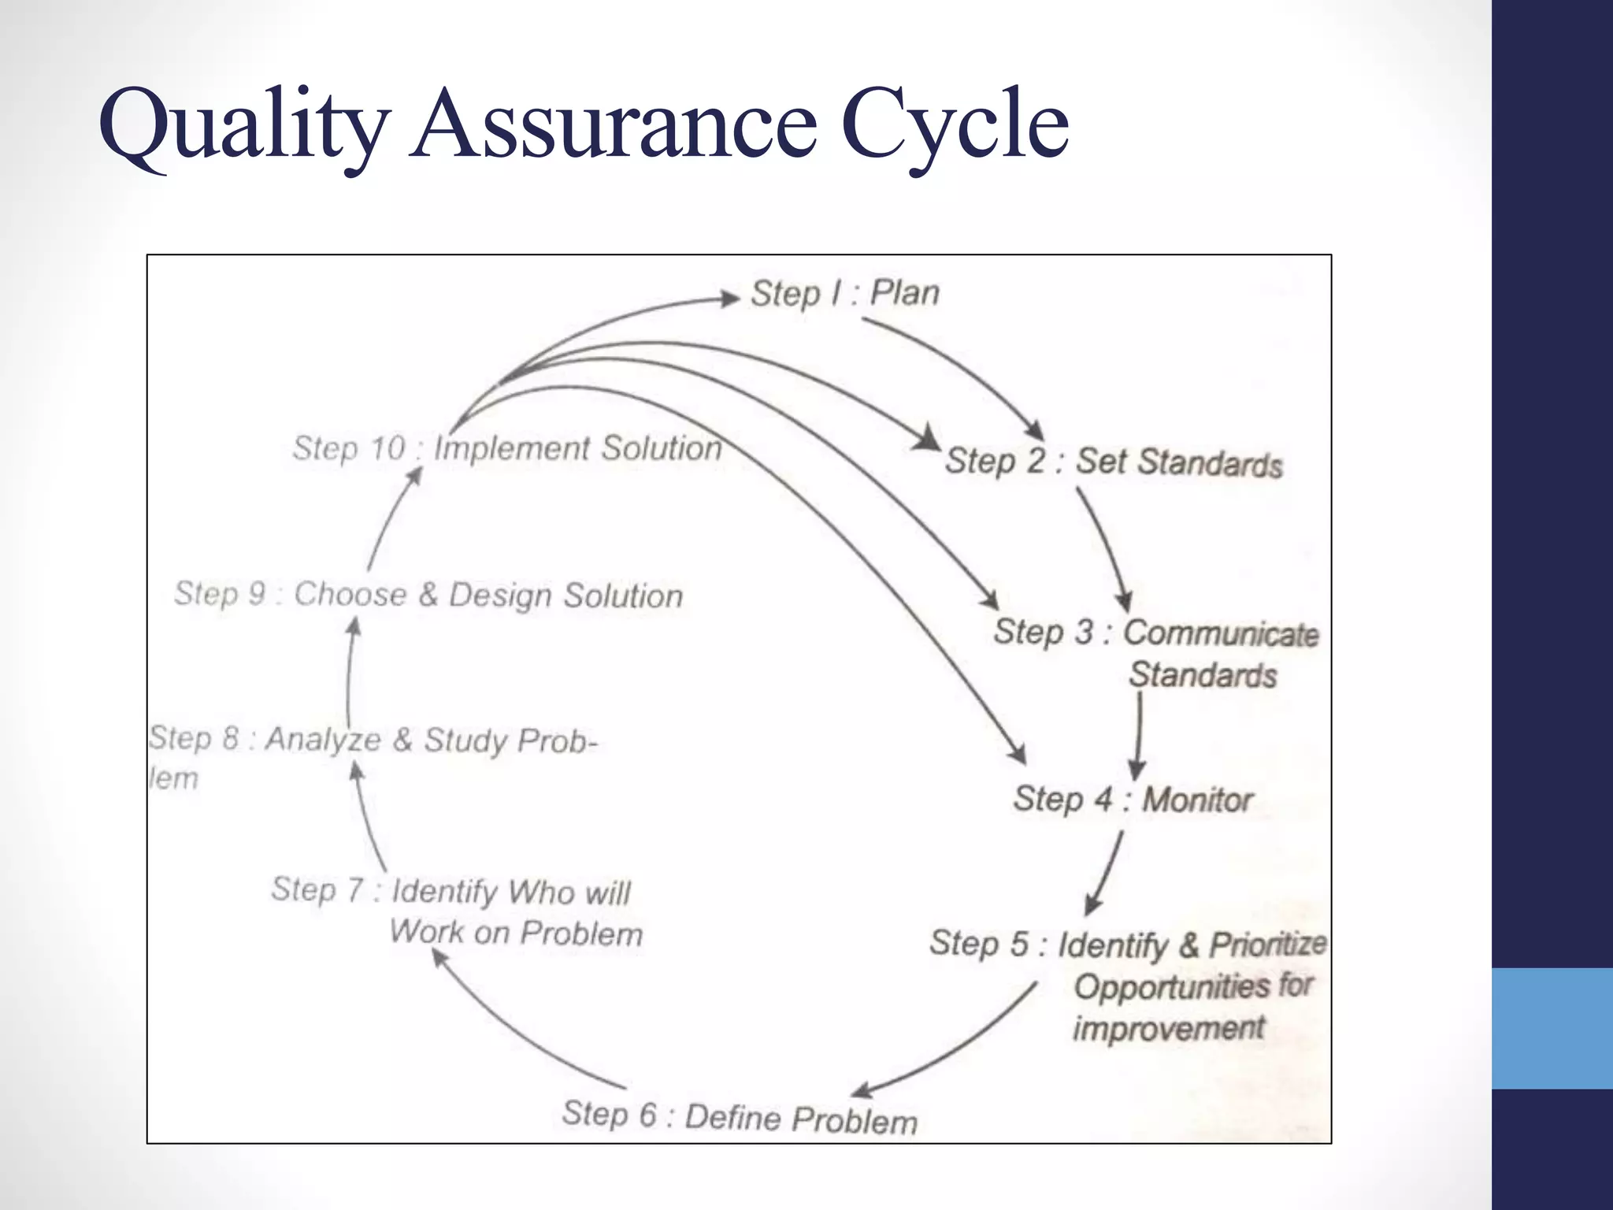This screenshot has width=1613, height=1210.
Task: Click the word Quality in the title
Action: [x=244, y=126]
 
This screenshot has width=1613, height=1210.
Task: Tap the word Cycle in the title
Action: [x=955, y=126]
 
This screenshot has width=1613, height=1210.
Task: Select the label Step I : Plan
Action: [x=844, y=294]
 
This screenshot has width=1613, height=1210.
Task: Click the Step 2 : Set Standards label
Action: [x=1113, y=462]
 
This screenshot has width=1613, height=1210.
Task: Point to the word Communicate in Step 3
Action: [x=1220, y=633]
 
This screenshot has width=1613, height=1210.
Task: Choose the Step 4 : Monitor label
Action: [x=1132, y=800]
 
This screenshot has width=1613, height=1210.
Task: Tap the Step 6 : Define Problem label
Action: [x=740, y=1117]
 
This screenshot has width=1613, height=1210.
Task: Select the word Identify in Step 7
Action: [x=444, y=892]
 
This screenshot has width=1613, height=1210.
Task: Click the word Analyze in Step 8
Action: [x=323, y=740]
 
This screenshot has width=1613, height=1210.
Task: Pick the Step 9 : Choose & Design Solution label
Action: [x=428, y=595]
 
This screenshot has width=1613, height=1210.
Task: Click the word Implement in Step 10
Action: [x=512, y=448]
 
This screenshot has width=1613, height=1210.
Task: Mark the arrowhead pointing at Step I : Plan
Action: [x=729, y=298]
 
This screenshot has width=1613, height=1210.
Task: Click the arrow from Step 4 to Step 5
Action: [x=1105, y=873]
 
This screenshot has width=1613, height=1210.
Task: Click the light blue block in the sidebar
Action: [x=1552, y=1028]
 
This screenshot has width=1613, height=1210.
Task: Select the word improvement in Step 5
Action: [x=1168, y=1029]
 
